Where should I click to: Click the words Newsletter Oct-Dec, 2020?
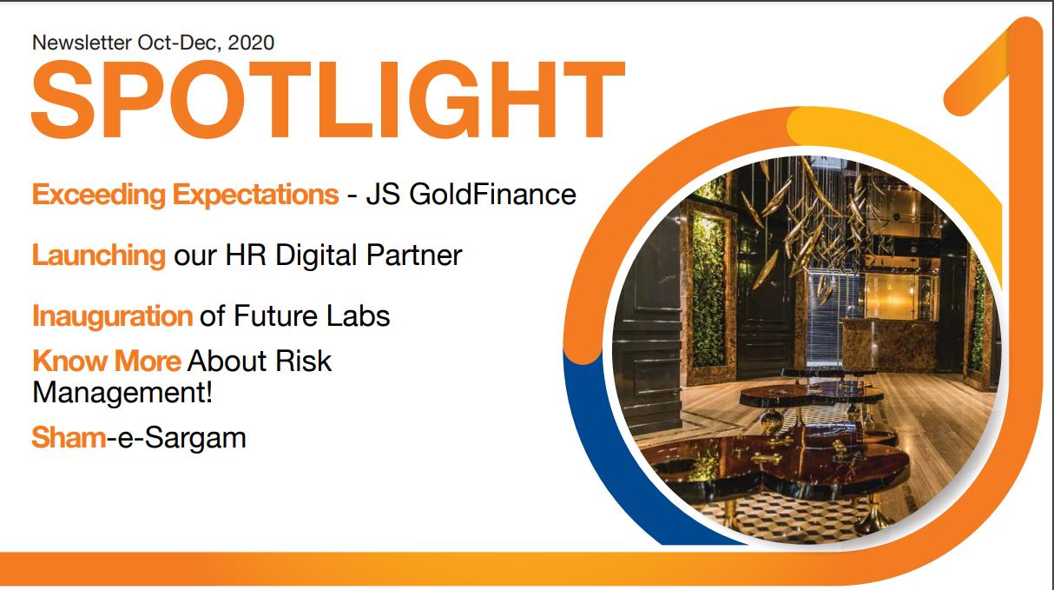pos(153,41)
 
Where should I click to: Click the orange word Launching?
pos(98,255)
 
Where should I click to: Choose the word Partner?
pos(416,255)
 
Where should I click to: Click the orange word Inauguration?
pos(112,315)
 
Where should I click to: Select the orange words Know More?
pos(106,360)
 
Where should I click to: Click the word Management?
pos(122,392)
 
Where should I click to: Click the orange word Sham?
pos(68,436)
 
